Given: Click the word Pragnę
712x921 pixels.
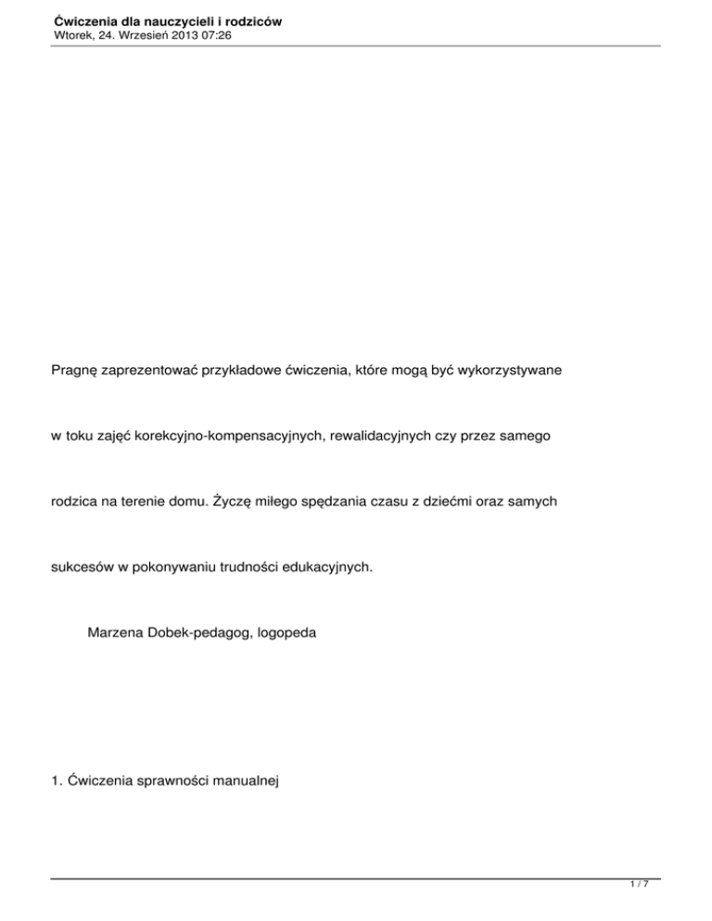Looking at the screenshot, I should (x=76, y=370).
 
